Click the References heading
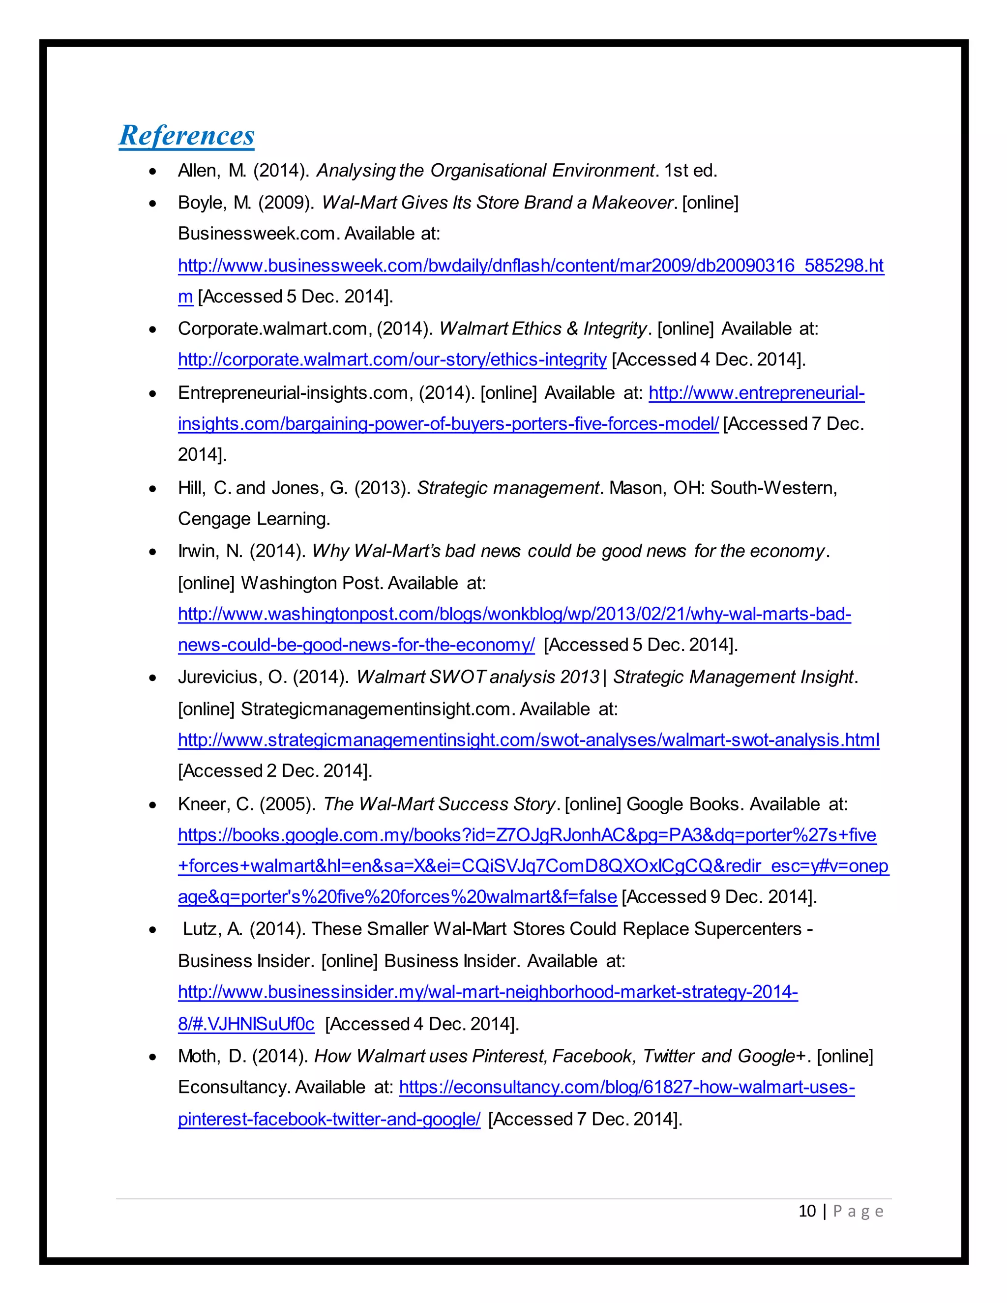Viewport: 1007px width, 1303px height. (187, 135)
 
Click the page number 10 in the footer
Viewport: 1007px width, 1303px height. (806, 1211)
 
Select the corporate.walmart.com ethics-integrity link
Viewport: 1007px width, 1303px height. (392, 360)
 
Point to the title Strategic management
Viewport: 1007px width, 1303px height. (507, 488)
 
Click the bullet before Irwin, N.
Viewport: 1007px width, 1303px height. (153, 552)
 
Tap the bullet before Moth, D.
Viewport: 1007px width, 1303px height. (153, 1057)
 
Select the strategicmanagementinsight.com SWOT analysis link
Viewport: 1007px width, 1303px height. (528, 740)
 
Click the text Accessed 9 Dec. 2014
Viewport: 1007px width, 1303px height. (719, 897)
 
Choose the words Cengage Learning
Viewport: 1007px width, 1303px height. (254, 519)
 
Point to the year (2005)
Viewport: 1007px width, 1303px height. (286, 804)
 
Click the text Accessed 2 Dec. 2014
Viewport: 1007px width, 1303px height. (274, 771)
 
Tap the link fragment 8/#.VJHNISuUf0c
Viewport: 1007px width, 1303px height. (246, 1024)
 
